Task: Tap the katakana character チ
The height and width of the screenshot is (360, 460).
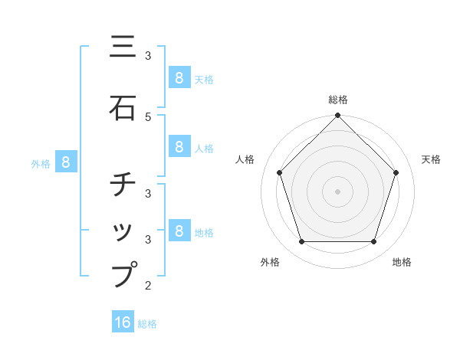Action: pos(123,185)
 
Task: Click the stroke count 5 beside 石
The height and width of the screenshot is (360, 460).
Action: pos(148,116)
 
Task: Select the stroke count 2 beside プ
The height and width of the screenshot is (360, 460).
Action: pos(148,286)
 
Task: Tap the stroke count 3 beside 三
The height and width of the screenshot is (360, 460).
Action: pos(148,56)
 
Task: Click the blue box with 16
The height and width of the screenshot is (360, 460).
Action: pos(123,322)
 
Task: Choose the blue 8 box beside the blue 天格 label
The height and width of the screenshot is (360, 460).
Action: pos(179,77)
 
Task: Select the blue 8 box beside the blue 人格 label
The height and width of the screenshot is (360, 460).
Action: pos(179,146)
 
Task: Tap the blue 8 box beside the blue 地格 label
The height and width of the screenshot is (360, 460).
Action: pos(179,231)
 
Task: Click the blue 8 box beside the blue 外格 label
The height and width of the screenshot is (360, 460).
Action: pos(66,162)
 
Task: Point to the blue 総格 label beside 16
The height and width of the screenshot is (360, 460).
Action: pos(147,324)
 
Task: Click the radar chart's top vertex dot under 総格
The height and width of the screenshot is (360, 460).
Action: pos(337,116)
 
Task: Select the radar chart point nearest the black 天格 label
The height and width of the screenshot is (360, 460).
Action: pos(396,172)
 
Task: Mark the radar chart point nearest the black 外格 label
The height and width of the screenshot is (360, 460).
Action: pos(301,242)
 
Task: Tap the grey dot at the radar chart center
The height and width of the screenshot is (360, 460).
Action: pos(337,191)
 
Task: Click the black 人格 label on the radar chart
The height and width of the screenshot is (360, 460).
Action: pos(245,159)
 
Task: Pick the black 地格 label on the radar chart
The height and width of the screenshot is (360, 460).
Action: pos(402,262)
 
